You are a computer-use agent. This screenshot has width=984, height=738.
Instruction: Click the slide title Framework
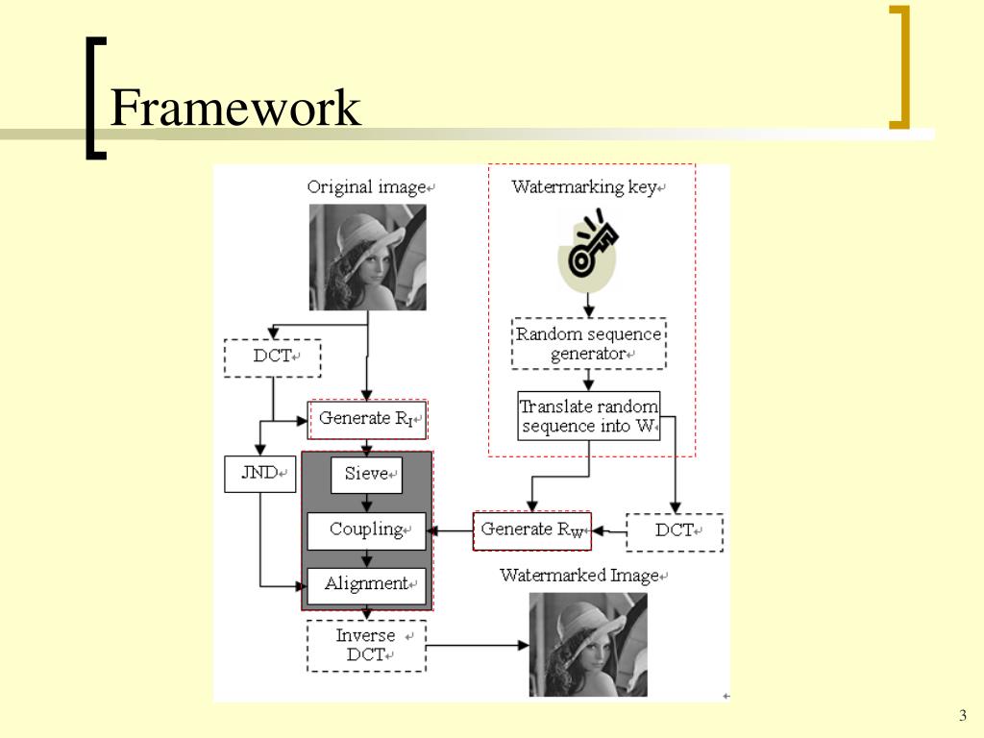pyautogui.click(x=234, y=109)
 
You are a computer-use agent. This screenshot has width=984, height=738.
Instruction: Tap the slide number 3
pyautogui.click(x=962, y=715)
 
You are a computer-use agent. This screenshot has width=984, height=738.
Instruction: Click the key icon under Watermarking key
pyautogui.click(x=589, y=252)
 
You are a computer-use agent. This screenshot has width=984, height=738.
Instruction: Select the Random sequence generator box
pyautogui.click(x=589, y=344)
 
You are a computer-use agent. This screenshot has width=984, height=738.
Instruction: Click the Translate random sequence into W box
pyautogui.click(x=589, y=416)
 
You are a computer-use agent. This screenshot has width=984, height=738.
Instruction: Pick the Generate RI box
pyautogui.click(x=367, y=419)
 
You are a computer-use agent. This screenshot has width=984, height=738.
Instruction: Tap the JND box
pyautogui.click(x=259, y=473)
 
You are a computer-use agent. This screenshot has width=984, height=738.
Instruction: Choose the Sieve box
pyautogui.click(x=366, y=475)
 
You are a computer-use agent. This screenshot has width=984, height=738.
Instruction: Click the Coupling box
pyautogui.click(x=366, y=529)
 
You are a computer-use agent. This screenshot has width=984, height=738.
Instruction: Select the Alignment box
pyautogui.click(x=366, y=584)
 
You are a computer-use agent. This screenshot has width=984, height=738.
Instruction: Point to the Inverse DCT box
pyautogui.click(x=366, y=646)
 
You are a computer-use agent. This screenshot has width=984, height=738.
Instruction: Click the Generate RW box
pyautogui.click(x=532, y=530)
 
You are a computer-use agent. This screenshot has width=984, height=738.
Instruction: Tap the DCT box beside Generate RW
pyautogui.click(x=675, y=531)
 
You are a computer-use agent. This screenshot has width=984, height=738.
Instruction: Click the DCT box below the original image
pyautogui.click(x=272, y=357)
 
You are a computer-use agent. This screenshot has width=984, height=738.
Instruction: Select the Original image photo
pyautogui.click(x=367, y=258)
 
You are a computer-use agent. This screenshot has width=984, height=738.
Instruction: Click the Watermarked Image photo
pyautogui.click(x=588, y=644)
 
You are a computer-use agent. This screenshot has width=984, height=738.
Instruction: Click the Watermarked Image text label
pyautogui.click(x=580, y=576)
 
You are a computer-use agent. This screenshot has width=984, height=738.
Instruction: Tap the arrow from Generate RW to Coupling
pyautogui.click(x=450, y=530)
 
